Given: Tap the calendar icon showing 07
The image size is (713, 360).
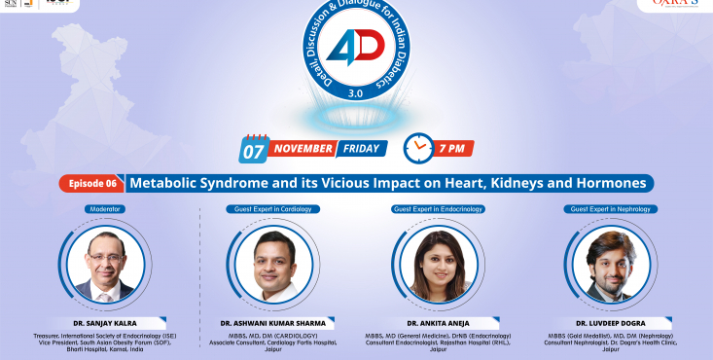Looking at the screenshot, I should (254, 149).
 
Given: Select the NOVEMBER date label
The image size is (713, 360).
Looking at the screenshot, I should (304, 150).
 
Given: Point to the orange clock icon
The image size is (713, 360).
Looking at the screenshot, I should (419, 148).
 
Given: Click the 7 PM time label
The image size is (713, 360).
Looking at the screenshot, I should (457, 149).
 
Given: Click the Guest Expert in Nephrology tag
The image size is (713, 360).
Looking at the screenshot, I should (610, 209).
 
